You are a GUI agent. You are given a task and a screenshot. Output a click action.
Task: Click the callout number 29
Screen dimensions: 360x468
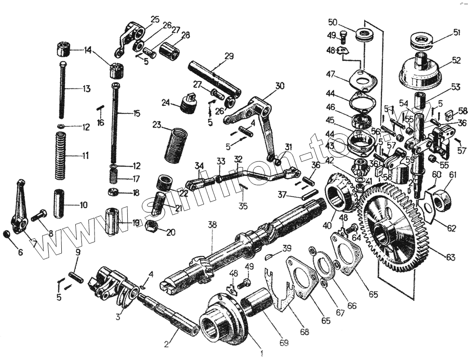[228, 56]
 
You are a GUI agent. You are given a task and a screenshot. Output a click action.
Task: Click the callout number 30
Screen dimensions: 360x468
[279, 86]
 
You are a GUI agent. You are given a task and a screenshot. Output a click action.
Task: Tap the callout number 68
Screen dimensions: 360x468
[305, 331]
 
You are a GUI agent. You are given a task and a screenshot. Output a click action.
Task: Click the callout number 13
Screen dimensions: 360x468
[86, 89]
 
